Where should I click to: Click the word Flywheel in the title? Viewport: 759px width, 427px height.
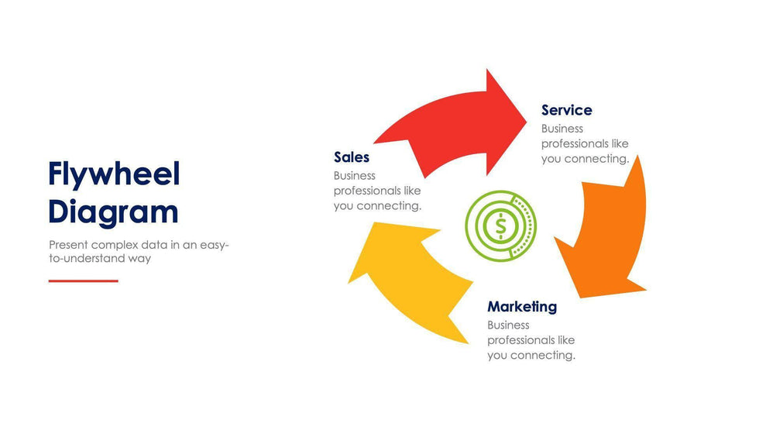114,175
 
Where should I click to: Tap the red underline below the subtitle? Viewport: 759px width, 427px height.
84,281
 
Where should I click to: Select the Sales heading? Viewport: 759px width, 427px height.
352,157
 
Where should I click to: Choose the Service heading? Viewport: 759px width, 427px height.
566,110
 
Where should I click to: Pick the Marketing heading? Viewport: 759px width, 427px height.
522,306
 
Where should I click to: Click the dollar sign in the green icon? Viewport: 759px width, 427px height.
500,226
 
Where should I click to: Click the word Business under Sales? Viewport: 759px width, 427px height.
355,176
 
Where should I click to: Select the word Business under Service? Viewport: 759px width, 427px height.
562,129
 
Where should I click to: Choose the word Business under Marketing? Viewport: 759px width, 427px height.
508,325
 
